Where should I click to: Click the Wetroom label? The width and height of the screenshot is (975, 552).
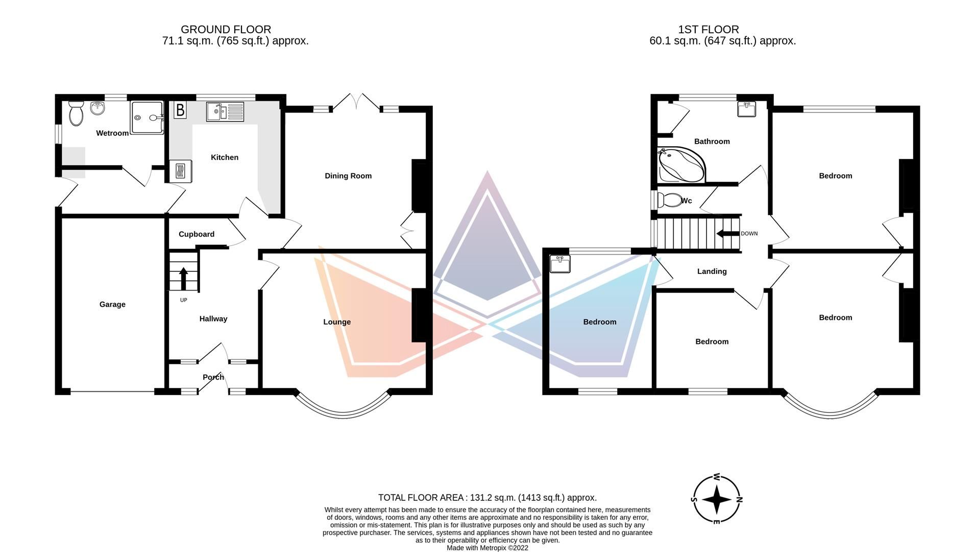coord(112,133)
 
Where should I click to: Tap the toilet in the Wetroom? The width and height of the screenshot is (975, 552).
coord(76,113)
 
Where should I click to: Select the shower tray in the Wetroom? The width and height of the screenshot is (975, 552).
coord(147,118)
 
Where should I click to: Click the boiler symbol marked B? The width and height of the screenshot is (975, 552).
coord(180,110)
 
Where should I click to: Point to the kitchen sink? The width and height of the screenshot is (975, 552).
coord(225,112)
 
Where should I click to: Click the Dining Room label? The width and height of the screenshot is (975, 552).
coord(348,176)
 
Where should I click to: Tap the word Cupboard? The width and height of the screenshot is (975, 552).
coord(197,234)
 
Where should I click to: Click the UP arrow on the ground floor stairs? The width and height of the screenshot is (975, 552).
coord(183,279)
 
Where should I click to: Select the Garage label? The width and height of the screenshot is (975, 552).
coord(112,305)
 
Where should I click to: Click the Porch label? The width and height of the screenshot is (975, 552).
coord(213,377)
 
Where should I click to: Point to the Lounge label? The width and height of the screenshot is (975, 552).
coord(337,322)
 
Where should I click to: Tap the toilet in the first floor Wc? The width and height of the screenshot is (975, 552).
coord(669,200)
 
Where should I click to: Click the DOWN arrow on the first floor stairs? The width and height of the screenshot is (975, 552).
coord(728,234)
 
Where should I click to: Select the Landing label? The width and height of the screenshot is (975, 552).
coord(712,271)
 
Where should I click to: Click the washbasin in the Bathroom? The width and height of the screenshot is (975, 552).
coord(746,109)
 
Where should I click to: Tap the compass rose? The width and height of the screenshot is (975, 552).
coord(717,499)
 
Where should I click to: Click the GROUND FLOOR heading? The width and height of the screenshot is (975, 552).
coord(226,30)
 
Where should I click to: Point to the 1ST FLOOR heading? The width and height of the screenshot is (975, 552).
coord(708,30)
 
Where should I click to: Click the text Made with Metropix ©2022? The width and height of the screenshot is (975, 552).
coord(487,548)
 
